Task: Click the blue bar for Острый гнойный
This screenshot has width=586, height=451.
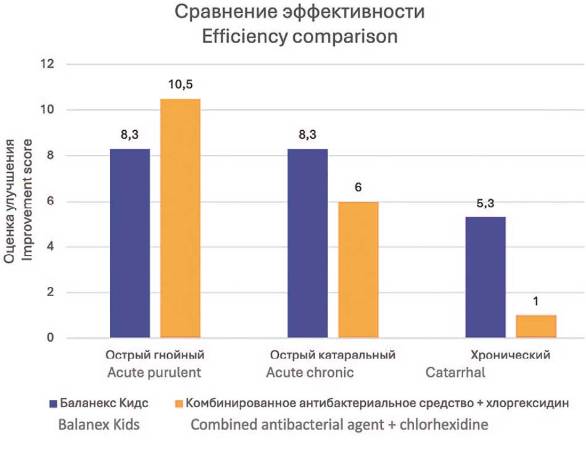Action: pyautogui.click(x=130, y=244)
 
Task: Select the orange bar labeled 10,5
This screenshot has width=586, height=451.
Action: pyautogui.click(x=180, y=218)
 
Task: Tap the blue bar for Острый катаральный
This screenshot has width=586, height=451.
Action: pyautogui.click(x=308, y=244)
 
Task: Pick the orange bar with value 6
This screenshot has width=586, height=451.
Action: pyautogui.click(x=358, y=270)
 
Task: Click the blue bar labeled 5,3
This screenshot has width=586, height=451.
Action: pyautogui.click(x=485, y=278)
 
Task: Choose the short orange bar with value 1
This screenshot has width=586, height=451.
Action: pyautogui.click(x=536, y=326)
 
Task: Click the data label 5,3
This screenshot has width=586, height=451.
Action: pyautogui.click(x=485, y=204)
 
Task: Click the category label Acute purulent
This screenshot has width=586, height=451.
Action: pyautogui.click(x=154, y=373)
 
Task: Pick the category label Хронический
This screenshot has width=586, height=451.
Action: pyautogui.click(x=510, y=355)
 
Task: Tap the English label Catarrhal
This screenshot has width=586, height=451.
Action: pyautogui.click(x=455, y=373)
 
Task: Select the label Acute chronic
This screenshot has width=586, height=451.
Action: pyautogui.click(x=310, y=373)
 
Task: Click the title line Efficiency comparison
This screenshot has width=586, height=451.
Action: pyautogui.click(x=300, y=36)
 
